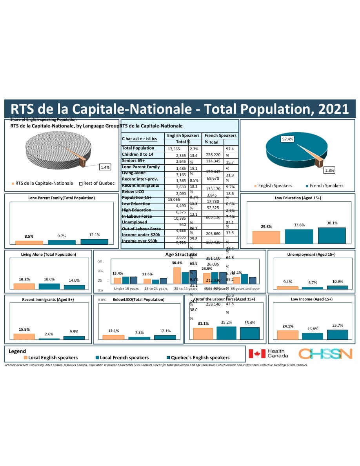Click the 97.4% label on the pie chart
tap(287, 139)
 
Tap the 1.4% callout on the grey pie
tap(105, 167)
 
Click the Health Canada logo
tap(269, 353)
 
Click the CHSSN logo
tap(325, 353)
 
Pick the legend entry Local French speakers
tap(122, 357)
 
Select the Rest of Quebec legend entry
tap(97, 183)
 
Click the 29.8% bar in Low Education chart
tap(266, 237)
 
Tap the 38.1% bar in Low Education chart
tap(332, 235)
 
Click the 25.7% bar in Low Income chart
tap(337, 334)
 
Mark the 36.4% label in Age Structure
tap(177, 263)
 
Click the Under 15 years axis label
tap(126, 289)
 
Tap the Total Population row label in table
tap(138, 148)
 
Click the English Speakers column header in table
tap(183, 135)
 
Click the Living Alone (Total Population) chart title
tap(48, 254)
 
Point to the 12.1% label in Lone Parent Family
tap(94, 235)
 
